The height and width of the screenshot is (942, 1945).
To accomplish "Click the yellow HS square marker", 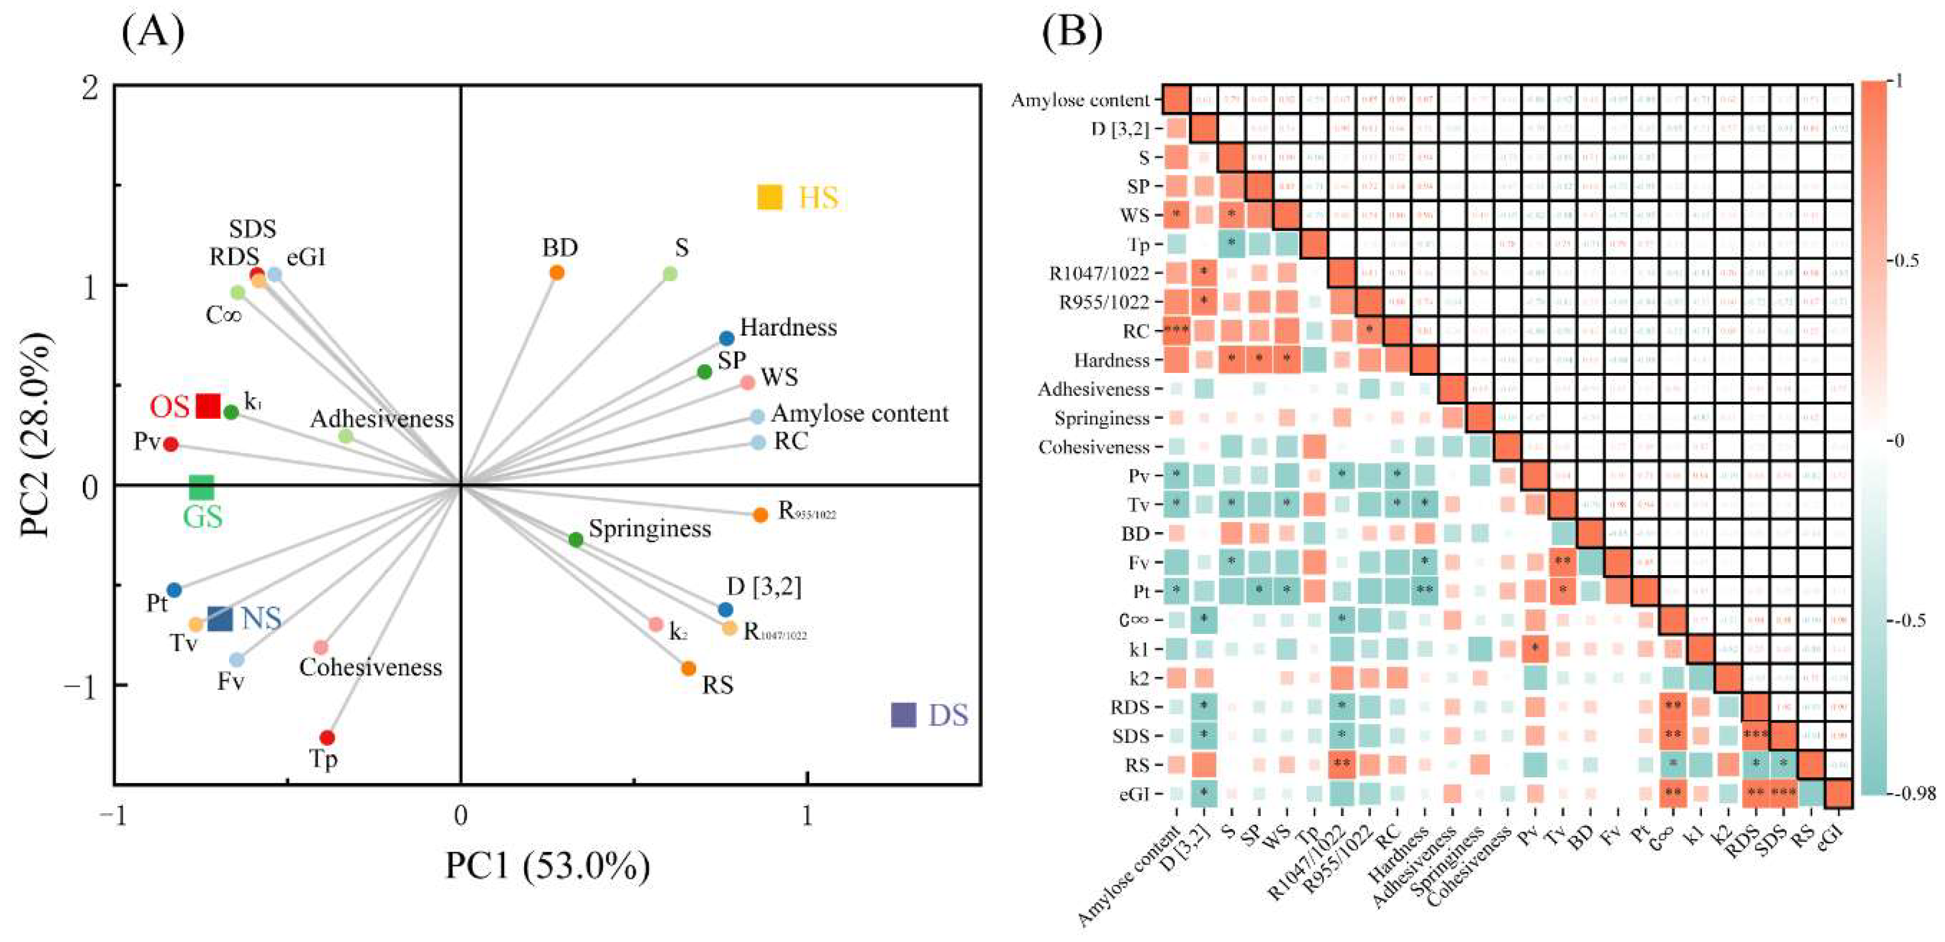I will pyautogui.click(x=769, y=197).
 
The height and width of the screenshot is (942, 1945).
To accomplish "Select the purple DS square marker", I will pyautogui.click(x=903, y=715).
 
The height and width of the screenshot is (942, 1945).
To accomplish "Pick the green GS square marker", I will pyautogui.click(x=202, y=488).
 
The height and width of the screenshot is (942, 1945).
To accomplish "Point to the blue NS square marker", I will pyautogui.click(x=220, y=619).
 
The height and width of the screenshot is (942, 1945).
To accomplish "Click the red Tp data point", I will pyautogui.click(x=327, y=738).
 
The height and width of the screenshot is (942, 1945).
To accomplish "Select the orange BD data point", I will pyautogui.click(x=557, y=273).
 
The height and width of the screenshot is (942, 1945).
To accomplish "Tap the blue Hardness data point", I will pyautogui.click(x=726, y=338).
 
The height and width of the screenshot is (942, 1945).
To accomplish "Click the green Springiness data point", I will pyautogui.click(x=575, y=539).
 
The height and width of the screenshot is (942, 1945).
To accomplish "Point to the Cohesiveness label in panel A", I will pyautogui.click(x=371, y=667).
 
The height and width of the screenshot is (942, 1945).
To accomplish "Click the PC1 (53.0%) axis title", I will pyautogui.click(x=547, y=866).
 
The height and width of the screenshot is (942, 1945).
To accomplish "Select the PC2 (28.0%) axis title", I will pyautogui.click(x=38, y=434).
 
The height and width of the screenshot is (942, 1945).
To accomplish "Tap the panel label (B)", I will pyautogui.click(x=1071, y=32).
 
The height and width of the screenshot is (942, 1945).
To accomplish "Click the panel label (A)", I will pyautogui.click(x=153, y=32).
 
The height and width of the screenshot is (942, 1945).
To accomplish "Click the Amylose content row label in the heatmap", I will pyautogui.click(x=1080, y=100).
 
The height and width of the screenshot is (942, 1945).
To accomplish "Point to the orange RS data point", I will pyautogui.click(x=688, y=668).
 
